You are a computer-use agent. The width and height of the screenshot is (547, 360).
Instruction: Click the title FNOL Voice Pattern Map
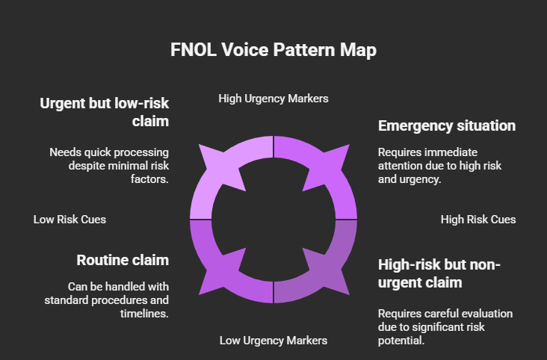(273, 50)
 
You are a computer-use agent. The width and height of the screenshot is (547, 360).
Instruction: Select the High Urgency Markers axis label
(273, 99)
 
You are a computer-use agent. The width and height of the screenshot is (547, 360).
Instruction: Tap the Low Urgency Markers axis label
(273, 341)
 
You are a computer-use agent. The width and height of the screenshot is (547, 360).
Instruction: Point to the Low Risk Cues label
(69, 220)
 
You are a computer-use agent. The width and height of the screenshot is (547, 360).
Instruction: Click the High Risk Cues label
(478, 220)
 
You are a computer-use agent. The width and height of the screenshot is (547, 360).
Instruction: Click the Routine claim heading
(123, 260)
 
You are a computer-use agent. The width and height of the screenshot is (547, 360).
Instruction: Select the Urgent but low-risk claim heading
(104, 112)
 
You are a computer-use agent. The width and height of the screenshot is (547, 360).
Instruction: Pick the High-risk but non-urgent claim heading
(439, 273)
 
